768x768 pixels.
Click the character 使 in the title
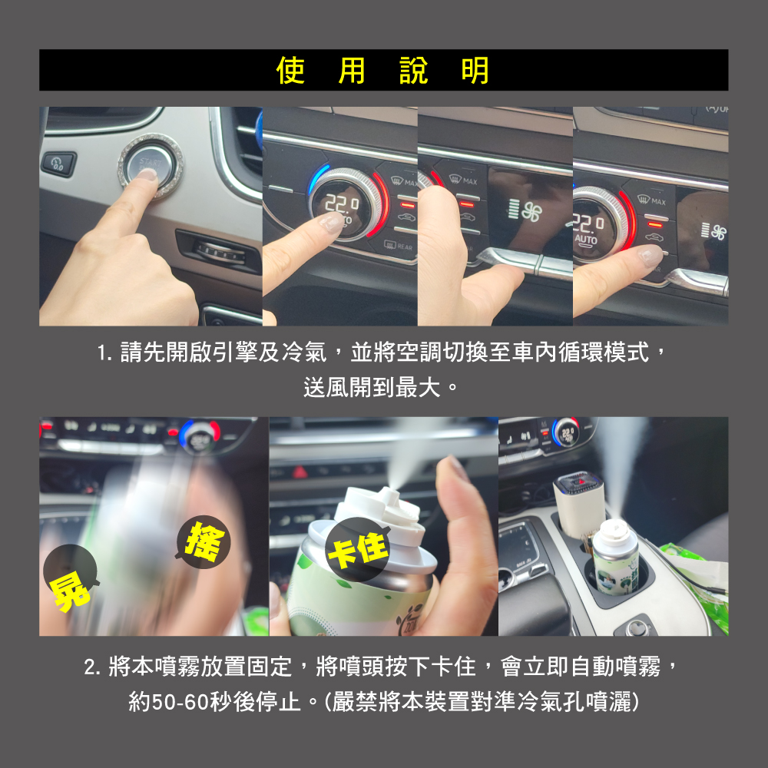(290, 70)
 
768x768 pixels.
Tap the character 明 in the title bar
(475, 70)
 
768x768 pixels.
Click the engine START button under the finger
(150, 166)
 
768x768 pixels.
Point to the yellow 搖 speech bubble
(204, 541)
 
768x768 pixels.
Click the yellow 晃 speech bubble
(71, 578)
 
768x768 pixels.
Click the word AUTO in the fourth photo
(586, 240)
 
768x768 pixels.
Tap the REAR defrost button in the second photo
(398, 246)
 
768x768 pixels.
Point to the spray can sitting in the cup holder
(615, 558)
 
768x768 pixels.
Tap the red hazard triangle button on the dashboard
(300, 472)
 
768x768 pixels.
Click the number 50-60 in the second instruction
(181, 701)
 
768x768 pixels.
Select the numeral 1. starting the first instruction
(104, 353)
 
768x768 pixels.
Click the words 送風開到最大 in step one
(372, 388)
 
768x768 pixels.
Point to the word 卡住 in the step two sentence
(453, 666)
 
